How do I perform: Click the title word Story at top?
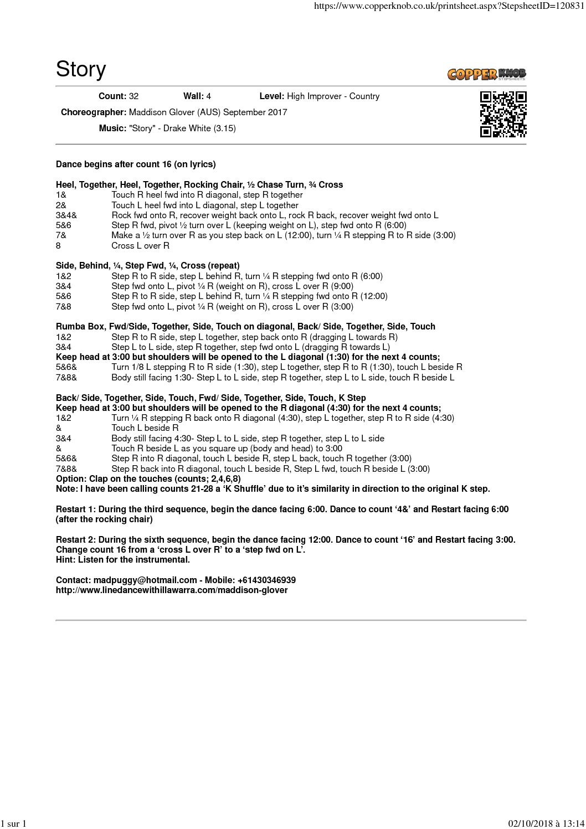click(81, 69)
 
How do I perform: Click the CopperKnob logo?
click(486, 74)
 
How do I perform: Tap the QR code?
click(503, 114)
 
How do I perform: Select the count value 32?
click(133, 96)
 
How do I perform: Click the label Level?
click(271, 96)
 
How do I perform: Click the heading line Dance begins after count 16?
click(136, 164)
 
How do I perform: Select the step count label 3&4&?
click(66, 215)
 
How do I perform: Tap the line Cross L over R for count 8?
click(140, 246)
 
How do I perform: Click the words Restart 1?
click(76, 509)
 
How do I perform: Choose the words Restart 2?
click(76, 540)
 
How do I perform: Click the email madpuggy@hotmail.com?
click(145, 580)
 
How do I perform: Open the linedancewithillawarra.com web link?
click(172, 590)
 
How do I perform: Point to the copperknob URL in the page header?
click(449, 6)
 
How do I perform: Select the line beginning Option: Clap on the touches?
click(148, 479)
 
